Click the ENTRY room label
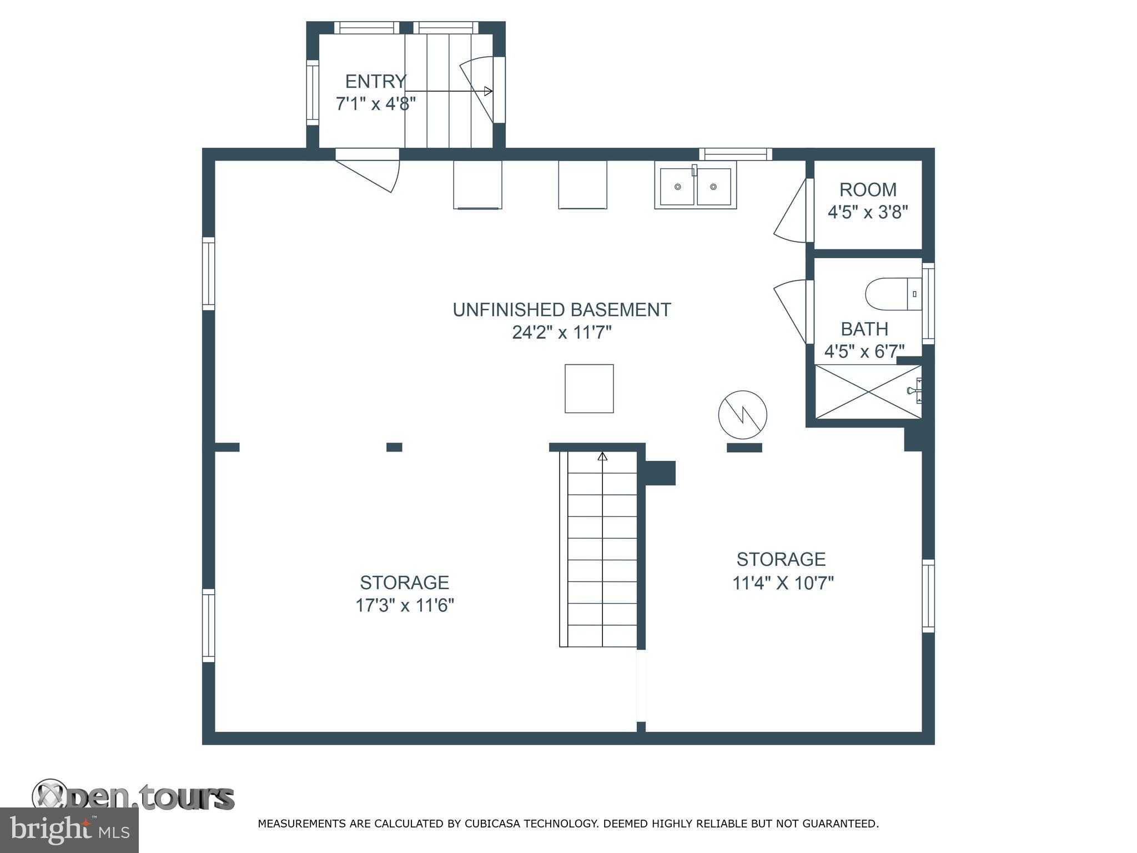375,82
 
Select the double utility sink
695,185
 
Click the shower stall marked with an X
867,392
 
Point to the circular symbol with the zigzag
742,415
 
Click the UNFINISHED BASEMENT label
561,310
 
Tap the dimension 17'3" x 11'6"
405,605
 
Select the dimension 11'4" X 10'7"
783,584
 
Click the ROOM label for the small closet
867,190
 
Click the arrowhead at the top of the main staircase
602,457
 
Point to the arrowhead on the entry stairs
488,91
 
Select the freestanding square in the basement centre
589,389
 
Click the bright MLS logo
69,830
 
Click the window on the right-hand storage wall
928,596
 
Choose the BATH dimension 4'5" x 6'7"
864,351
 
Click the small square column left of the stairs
394,447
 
